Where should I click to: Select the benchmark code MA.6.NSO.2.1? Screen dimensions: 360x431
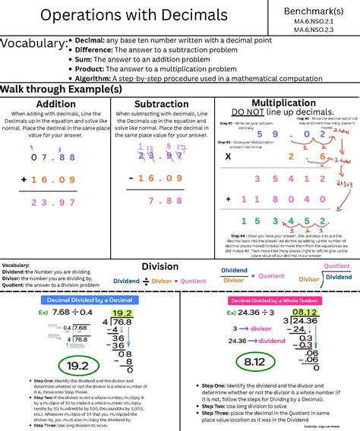pos(314,22)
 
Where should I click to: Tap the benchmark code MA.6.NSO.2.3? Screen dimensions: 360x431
pos(314,30)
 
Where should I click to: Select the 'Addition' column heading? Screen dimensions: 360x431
pos(55,104)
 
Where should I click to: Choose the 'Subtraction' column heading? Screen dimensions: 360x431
pos(161,104)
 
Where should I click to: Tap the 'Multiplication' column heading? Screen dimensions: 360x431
pos(283,102)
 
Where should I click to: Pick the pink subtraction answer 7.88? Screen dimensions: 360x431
pos(166,200)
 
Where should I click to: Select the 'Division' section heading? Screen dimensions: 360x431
pos(159,267)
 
